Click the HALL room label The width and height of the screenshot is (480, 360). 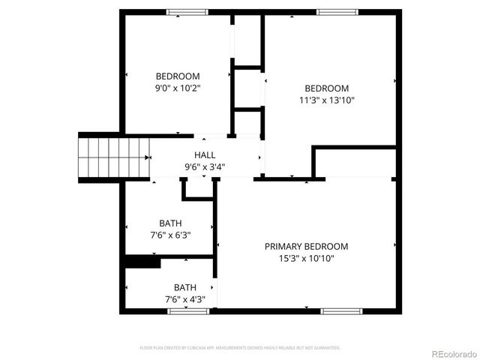(205, 154)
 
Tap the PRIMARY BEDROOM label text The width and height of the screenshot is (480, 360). (306, 247)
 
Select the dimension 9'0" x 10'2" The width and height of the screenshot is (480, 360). (178, 88)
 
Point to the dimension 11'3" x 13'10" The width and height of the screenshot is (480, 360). (326, 100)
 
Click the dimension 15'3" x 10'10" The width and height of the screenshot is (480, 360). (306, 259)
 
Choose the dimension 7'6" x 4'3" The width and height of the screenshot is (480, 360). (185, 299)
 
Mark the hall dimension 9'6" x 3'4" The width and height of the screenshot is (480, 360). (205, 166)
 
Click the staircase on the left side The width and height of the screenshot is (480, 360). (100, 158)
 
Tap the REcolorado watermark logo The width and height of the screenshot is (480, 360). (451, 352)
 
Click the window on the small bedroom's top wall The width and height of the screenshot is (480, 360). (187, 11)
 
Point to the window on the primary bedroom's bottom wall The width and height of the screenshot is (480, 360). (341, 310)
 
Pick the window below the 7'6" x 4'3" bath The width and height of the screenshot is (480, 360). (187, 310)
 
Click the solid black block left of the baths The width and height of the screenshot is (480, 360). (142, 262)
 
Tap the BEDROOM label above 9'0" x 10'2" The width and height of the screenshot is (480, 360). (178, 76)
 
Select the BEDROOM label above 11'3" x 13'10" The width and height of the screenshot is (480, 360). (326, 88)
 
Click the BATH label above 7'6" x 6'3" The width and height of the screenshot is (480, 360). (170, 223)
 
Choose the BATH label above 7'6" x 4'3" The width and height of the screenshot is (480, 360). (185, 287)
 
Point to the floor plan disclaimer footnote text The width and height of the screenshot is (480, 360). (240, 348)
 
